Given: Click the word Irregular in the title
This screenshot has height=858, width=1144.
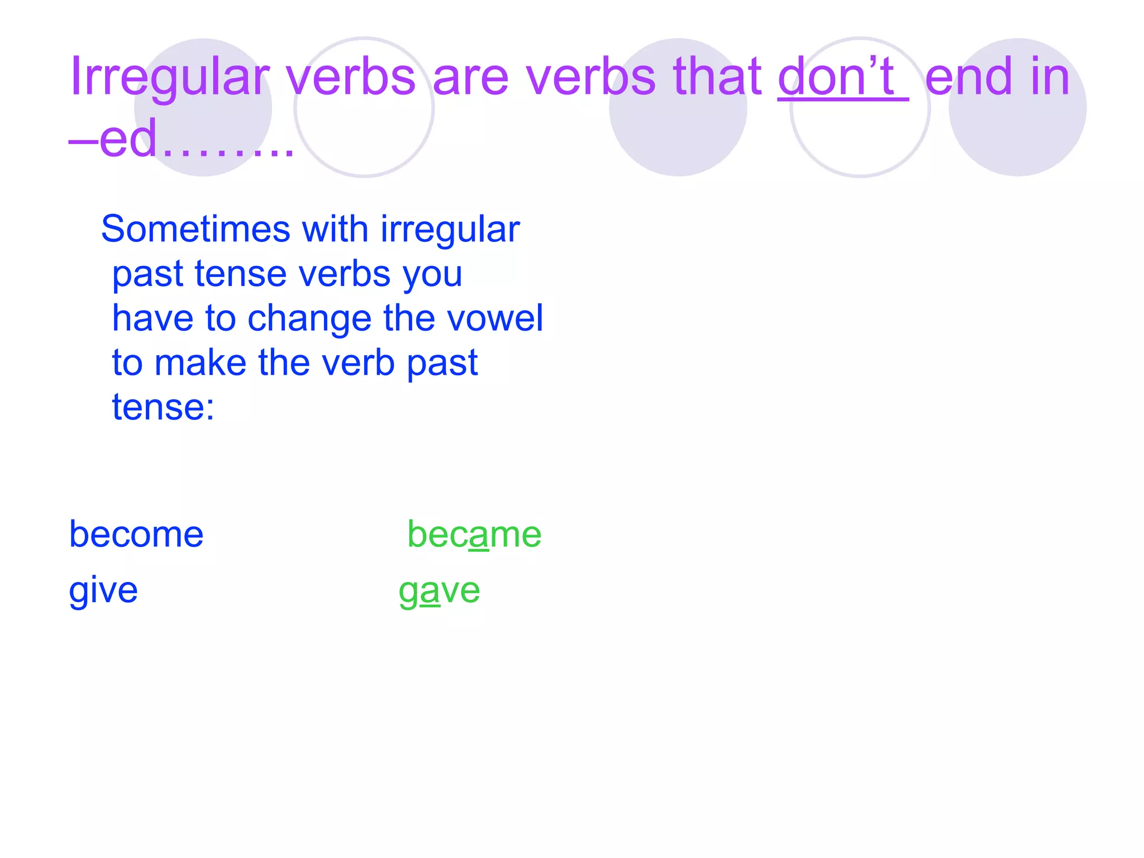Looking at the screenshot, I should (169, 77).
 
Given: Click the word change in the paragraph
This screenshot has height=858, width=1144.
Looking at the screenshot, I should (309, 319).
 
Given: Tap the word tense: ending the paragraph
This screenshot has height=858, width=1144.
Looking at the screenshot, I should (163, 407).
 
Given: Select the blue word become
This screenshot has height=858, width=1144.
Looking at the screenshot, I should (136, 535).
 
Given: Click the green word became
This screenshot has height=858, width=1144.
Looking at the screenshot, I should (474, 535).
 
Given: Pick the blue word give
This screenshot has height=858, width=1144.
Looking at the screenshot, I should (103, 591).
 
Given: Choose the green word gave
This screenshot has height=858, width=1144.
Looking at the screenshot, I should (439, 591).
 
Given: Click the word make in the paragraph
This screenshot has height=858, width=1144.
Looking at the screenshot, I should (200, 363).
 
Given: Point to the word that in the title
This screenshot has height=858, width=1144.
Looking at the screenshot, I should (717, 77).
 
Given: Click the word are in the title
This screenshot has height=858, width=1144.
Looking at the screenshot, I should (470, 77).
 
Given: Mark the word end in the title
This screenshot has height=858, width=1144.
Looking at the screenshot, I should (969, 77).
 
